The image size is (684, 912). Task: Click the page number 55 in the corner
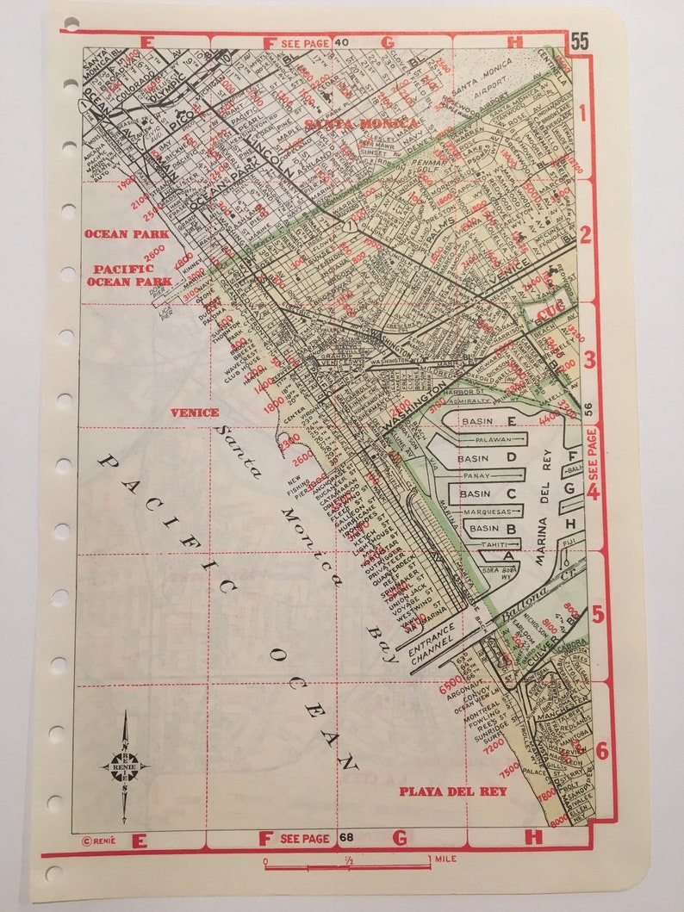pyautogui.click(x=579, y=40)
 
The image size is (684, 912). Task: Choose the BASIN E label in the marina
pyautogui.click(x=488, y=420)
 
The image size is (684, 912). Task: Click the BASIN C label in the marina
pyautogui.click(x=488, y=493)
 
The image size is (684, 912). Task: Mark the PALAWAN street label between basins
pyautogui.click(x=488, y=438)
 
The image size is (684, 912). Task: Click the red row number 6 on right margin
pyautogui.click(x=601, y=750)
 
